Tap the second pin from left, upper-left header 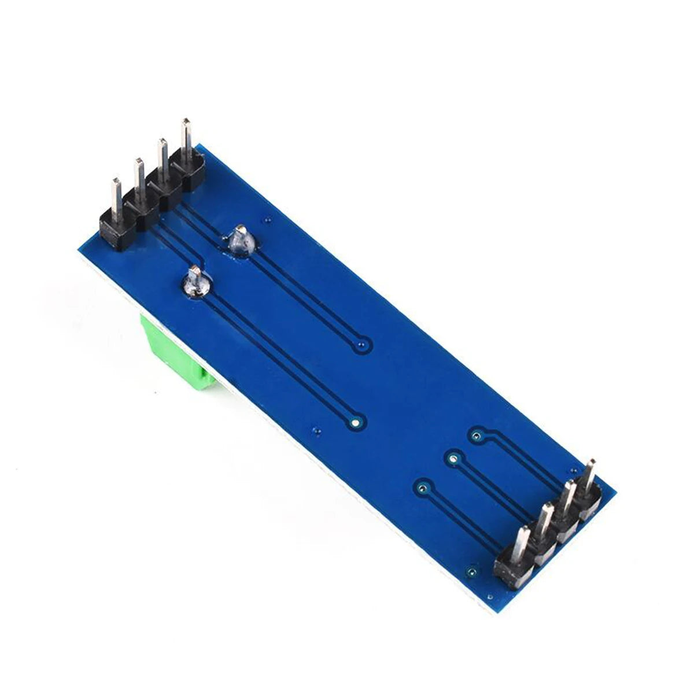coord(139,176)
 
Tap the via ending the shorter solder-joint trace coord(363,346)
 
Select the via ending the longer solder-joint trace coord(356,420)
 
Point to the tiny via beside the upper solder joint coord(267,220)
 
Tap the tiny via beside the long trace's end coord(316,431)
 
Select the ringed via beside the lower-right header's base coord(472,572)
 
